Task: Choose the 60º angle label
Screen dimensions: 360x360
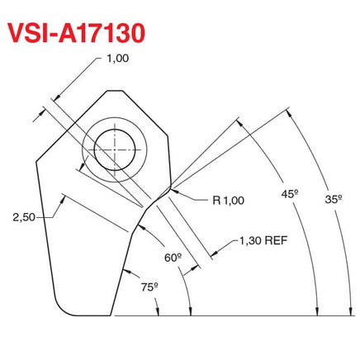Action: (172, 257)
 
